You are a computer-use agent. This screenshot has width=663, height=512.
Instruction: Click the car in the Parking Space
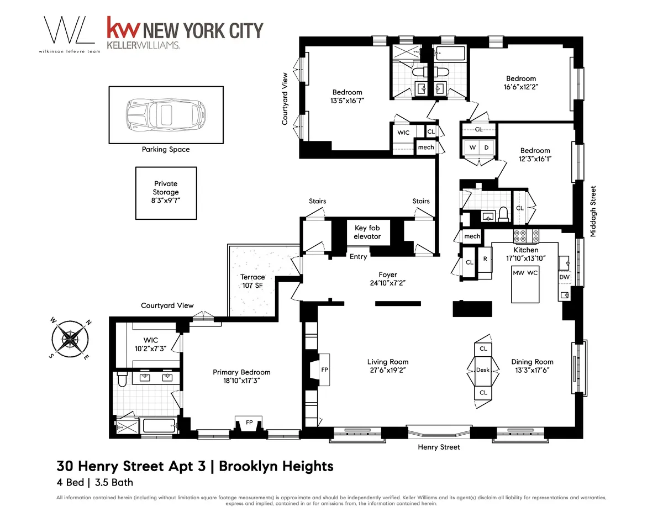(x=165, y=115)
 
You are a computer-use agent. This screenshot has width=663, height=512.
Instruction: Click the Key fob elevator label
(x=367, y=232)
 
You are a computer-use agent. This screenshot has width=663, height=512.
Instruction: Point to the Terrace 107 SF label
(x=252, y=281)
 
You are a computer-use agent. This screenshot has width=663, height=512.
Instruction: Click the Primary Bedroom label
(x=241, y=376)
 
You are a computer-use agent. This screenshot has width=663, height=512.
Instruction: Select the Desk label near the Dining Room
(x=483, y=370)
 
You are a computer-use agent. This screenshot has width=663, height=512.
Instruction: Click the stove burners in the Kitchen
(x=525, y=236)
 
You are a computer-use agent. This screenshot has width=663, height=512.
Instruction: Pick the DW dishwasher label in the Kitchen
(x=565, y=277)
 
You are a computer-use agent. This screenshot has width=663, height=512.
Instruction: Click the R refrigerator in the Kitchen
(x=485, y=258)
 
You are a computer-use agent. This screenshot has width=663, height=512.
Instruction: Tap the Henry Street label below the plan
(x=439, y=447)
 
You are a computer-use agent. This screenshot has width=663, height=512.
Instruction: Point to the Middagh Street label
(x=593, y=212)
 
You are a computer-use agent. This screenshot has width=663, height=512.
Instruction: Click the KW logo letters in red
(x=123, y=30)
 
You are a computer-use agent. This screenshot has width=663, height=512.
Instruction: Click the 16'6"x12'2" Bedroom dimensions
(x=520, y=87)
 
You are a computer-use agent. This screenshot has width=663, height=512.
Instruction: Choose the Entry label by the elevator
(x=358, y=257)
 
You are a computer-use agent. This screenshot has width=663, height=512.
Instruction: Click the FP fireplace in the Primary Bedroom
(x=249, y=423)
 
